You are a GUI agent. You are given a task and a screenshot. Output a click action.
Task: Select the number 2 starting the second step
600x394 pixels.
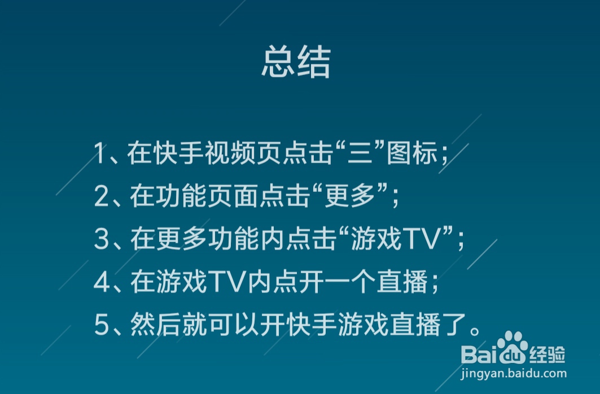tap(102, 196)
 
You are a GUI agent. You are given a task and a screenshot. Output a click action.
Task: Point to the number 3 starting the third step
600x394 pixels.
tap(102, 239)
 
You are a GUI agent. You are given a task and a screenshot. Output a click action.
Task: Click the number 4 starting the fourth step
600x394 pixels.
tap(102, 283)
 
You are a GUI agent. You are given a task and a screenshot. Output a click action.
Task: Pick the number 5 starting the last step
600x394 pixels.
tap(102, 326)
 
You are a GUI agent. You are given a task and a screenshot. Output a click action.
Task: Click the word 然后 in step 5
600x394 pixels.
tap(155, 326)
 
